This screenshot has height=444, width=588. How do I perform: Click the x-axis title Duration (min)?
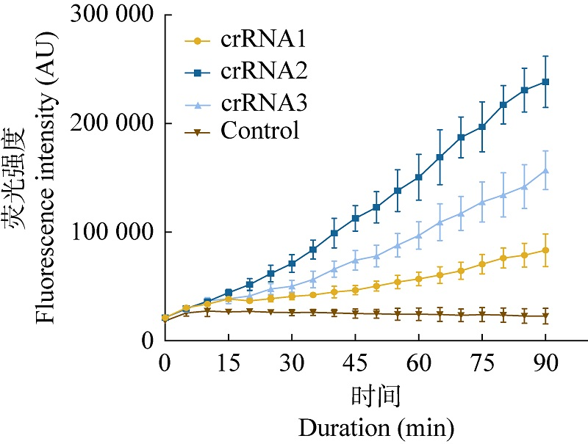pos(376,426)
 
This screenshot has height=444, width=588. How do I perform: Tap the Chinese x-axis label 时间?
pos(376,397)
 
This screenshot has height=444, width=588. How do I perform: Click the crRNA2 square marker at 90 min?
pos(546,81)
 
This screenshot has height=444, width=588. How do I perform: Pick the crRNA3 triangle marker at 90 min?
pos(546,170)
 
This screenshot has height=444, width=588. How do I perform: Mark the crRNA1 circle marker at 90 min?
pos(546,250)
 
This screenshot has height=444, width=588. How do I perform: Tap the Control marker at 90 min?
pos(546,316)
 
